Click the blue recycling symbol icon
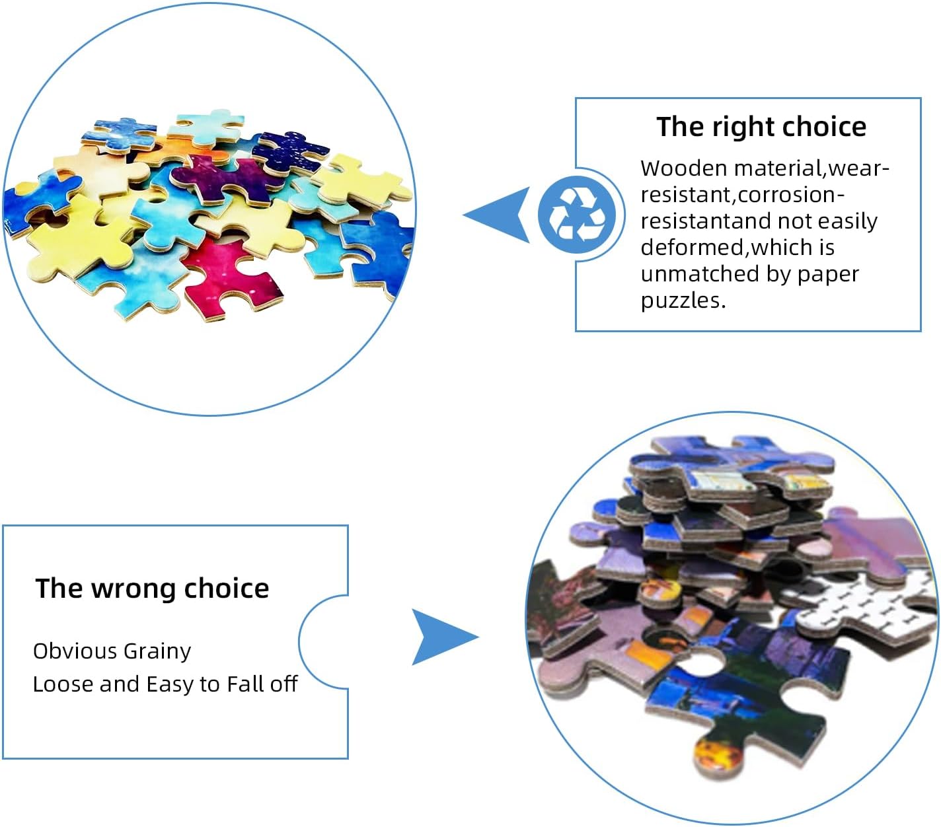point(578,215)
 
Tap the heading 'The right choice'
point(761,126)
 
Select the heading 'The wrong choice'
point(152,588)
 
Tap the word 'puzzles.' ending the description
point(683,301)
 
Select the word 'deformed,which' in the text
point(737,248)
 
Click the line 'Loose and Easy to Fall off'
point(165,684)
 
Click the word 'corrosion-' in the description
point(791,195)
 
